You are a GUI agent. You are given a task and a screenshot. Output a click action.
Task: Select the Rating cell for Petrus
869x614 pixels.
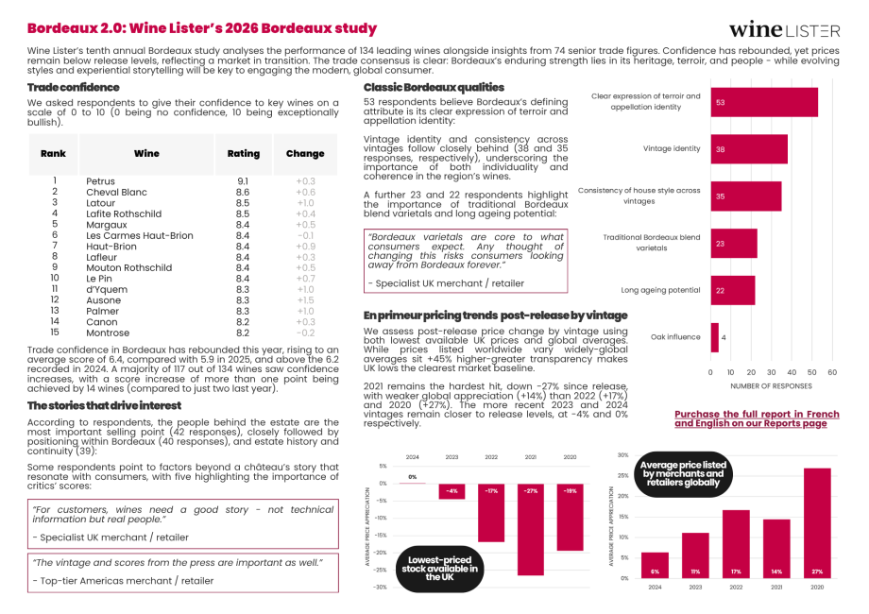[243, 181]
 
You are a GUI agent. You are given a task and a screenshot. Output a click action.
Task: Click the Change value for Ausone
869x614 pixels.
[305, 300]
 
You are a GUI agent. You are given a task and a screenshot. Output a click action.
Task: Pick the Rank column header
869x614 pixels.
[53, 153]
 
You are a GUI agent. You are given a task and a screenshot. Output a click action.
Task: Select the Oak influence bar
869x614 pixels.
[715, 337]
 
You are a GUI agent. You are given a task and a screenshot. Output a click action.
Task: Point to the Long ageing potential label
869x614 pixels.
[660, 290]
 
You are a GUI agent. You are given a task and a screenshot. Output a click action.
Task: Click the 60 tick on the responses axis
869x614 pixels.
[832, 372]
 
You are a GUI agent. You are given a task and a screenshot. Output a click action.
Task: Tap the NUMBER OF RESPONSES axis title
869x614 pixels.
[772, 385]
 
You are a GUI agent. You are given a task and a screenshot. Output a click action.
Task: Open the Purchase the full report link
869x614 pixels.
[757, 418]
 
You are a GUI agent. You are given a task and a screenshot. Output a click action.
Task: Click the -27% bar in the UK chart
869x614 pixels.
[531, 529]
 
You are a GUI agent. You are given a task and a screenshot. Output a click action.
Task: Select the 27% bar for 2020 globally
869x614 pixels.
[817, 522]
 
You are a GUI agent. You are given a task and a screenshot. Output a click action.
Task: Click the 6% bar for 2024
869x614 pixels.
[655, 565]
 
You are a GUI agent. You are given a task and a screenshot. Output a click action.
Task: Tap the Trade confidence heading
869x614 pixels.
[74, 87]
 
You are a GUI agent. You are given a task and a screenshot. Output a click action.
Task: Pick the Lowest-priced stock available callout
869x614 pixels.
[439, 567]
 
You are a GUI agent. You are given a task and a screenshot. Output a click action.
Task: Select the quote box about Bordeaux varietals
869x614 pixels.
[466, 260]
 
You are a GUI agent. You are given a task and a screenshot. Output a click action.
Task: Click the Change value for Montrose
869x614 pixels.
[305, 333]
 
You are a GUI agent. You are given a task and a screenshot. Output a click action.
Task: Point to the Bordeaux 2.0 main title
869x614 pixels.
[201, 29]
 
